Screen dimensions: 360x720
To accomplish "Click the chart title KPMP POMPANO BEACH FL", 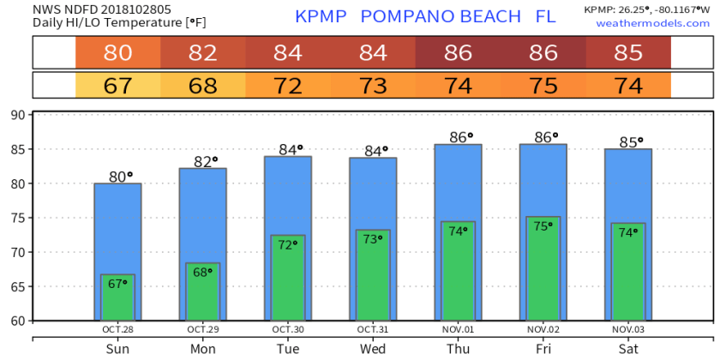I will tap(424, 16).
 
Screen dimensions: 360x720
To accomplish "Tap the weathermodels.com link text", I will tap(653, 22).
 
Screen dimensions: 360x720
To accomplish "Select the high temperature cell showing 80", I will tap(117, 53).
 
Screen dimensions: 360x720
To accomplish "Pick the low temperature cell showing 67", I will tap(117, 87).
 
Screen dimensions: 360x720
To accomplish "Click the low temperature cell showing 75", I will tap(543, 87).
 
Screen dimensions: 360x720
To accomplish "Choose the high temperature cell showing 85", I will tap(628, 53).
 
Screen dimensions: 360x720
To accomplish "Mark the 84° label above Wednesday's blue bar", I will tap(374, 151).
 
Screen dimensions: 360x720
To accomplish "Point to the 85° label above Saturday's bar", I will tap(628, 142).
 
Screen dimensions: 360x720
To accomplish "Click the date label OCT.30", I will tap(288, 328).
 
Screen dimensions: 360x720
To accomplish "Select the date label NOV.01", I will tap(459, 328).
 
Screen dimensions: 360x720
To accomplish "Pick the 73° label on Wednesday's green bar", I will tap(374, 239).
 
